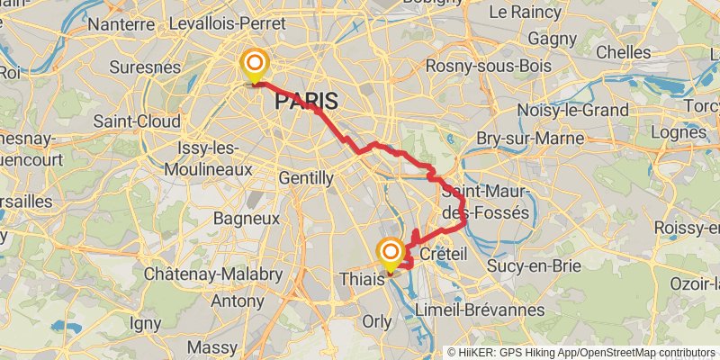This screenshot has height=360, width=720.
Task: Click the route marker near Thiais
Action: point(391,252)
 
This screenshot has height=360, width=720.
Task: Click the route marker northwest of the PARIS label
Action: point(255,63)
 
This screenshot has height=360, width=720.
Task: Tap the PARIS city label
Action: point(306,102)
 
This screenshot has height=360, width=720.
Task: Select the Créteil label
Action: point(444,255)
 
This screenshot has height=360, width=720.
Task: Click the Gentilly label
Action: point(306,178)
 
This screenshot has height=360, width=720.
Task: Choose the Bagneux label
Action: point(247,218)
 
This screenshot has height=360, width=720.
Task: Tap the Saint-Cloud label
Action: point(135,121)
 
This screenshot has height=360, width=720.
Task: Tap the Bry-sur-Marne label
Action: point(530,139)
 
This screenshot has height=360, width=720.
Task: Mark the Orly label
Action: point(376,321)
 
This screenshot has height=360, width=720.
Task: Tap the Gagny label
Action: point(552,40)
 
